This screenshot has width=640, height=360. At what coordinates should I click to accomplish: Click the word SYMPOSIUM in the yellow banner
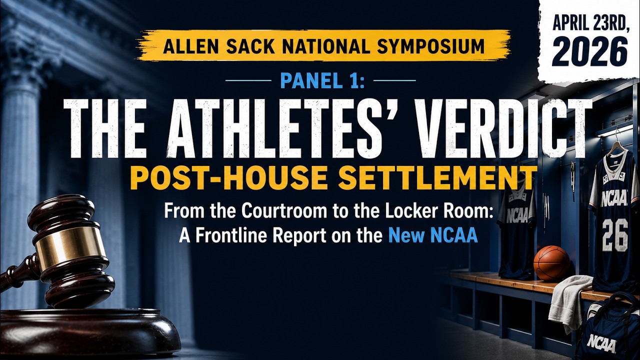tap(430, 46)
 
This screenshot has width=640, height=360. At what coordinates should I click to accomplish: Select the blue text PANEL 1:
tap(322, 81)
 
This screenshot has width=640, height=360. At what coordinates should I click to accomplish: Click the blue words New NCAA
tap(433, 235)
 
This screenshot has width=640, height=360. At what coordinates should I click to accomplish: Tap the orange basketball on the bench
tap(551, 263)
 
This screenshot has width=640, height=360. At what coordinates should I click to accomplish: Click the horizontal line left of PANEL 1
tap(248, 80)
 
